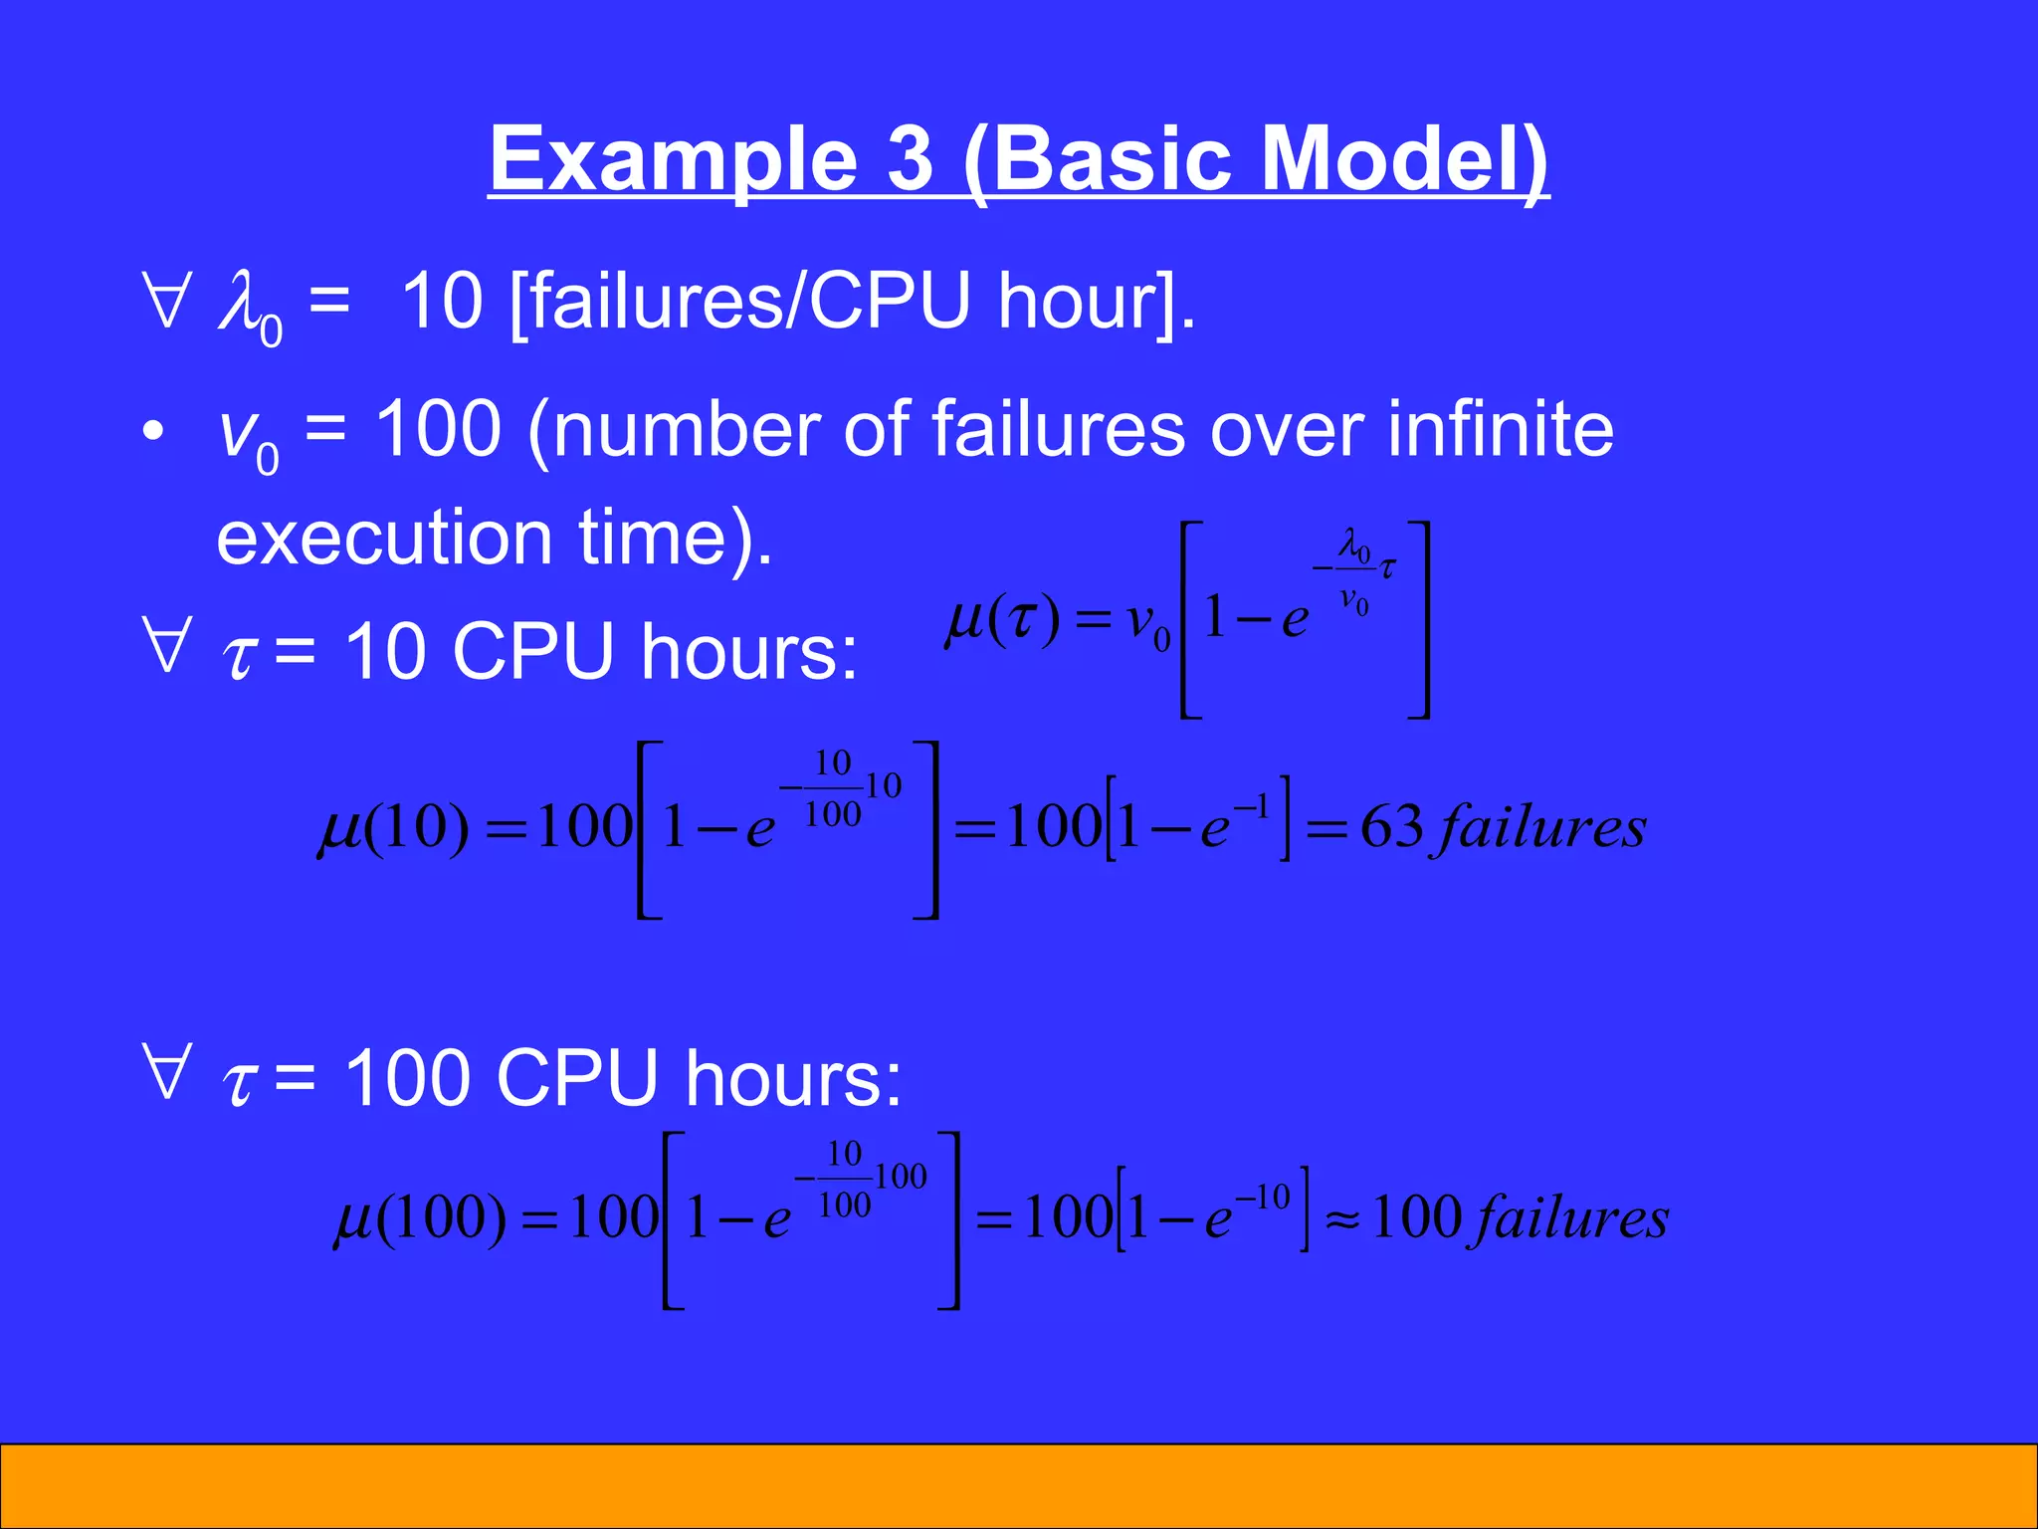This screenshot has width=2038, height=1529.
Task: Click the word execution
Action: (x=383, y=538)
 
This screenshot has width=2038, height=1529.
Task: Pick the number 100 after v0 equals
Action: (x=438, y=430)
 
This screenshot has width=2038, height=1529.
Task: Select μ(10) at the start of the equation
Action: (x=393, y=827)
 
